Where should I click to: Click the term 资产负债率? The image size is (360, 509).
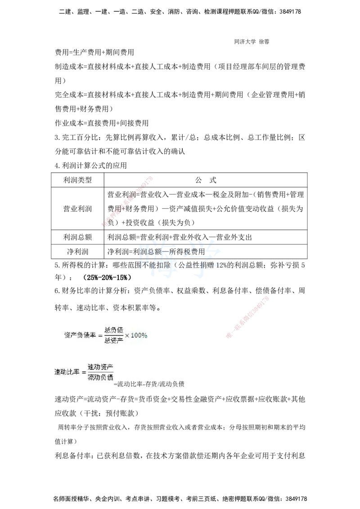coord(80,335)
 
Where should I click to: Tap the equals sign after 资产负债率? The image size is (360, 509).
coord(100,335)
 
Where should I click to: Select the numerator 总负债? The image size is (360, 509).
coord(114,330)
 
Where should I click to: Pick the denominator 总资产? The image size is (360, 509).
coord(114,340)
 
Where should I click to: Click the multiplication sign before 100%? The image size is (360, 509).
coord(127,335)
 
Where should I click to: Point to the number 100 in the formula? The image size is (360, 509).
coord(136,335)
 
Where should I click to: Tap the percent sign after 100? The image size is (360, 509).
coord(144,335)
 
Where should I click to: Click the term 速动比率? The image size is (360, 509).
coord(67,372)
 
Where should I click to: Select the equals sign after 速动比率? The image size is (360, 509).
coord(84,372)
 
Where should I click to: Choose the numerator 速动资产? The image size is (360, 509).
coord(101,366)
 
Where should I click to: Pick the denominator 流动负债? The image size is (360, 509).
coord(101,377)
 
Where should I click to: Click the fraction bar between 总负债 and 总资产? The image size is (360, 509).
coord(114,335)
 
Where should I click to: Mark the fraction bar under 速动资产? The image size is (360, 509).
coord(101,372)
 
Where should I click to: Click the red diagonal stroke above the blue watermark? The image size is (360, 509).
coord(128,201)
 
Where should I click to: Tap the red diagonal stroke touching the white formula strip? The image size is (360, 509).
coord(248,317)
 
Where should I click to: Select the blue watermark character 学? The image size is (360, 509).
coord(204,257)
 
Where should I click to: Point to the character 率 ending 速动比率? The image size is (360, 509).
coord(76,372)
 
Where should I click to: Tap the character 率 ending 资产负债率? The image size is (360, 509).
coord(93,335)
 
